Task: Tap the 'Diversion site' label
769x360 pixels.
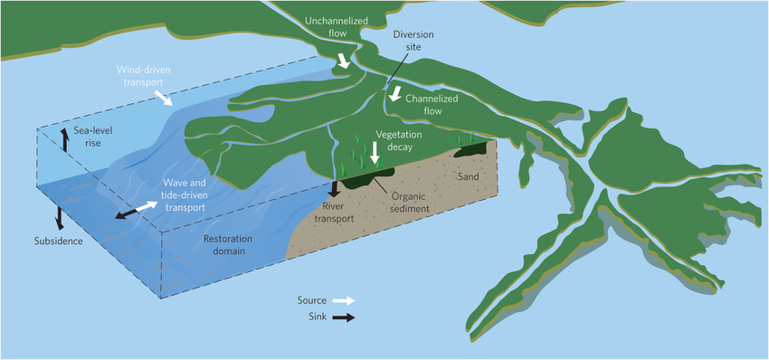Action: point(413,42)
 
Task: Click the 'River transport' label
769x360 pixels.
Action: point(342,211)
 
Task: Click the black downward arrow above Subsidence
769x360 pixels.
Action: point(59,216)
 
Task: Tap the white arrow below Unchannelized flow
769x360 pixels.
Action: point(343,62)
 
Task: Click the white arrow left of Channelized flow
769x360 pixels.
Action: point(394,93)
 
